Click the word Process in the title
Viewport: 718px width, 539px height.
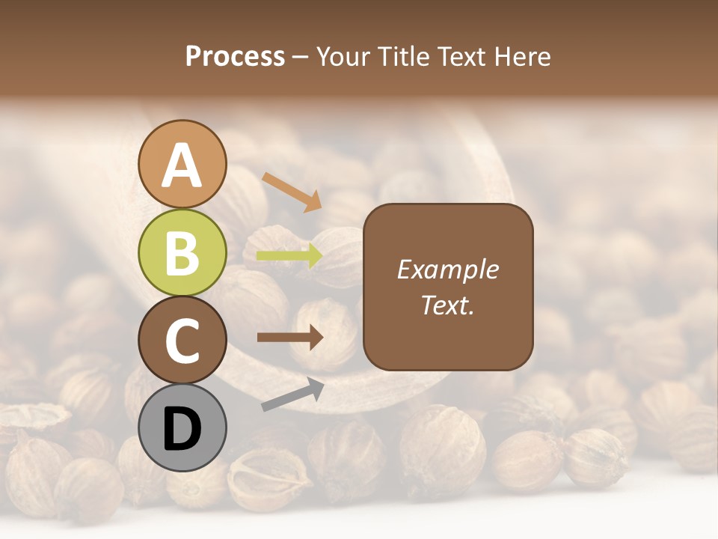[x=235, y=57]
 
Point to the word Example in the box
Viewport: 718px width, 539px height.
[x=447, y=269]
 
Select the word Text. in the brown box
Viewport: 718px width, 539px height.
[x=447, y=305]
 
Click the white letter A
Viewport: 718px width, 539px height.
[x=182, y=165]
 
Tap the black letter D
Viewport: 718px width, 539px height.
[x=182, y=430]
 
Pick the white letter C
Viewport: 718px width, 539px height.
[x=182, y=341]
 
